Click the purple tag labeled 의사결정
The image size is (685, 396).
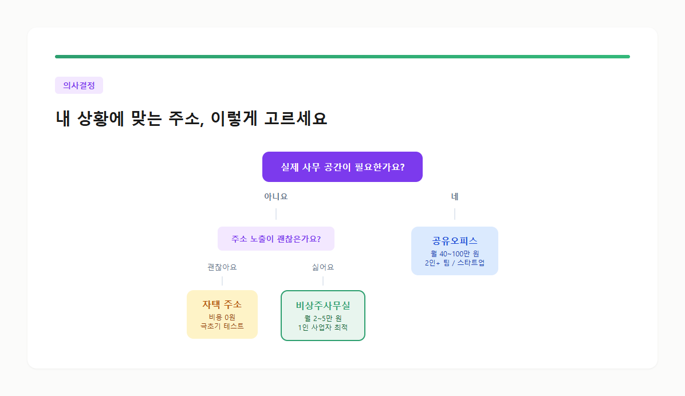[79, 85]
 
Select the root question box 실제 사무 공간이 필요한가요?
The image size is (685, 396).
[342, 167]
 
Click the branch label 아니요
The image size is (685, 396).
[276, 197]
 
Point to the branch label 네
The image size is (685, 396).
[455, 197]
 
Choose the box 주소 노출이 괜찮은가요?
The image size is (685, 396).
[276, 239]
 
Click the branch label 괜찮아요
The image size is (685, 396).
[222, 267]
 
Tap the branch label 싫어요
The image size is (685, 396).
[323, 267]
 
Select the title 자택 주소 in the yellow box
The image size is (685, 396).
[222, 304]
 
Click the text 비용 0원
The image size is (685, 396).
[222, 317]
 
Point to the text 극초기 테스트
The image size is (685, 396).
[222, 326]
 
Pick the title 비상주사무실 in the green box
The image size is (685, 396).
[323, 306]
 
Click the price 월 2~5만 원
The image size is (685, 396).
[323, 318]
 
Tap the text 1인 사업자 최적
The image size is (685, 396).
[323, 328]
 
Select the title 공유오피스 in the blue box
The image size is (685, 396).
[455, 241]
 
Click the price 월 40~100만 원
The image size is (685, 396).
[455, 254]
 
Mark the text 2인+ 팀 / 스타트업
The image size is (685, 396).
[455, 263]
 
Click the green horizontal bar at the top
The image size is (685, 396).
[342, 57]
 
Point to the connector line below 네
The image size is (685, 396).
[455, 214]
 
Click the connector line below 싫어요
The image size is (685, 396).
[323, 280]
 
